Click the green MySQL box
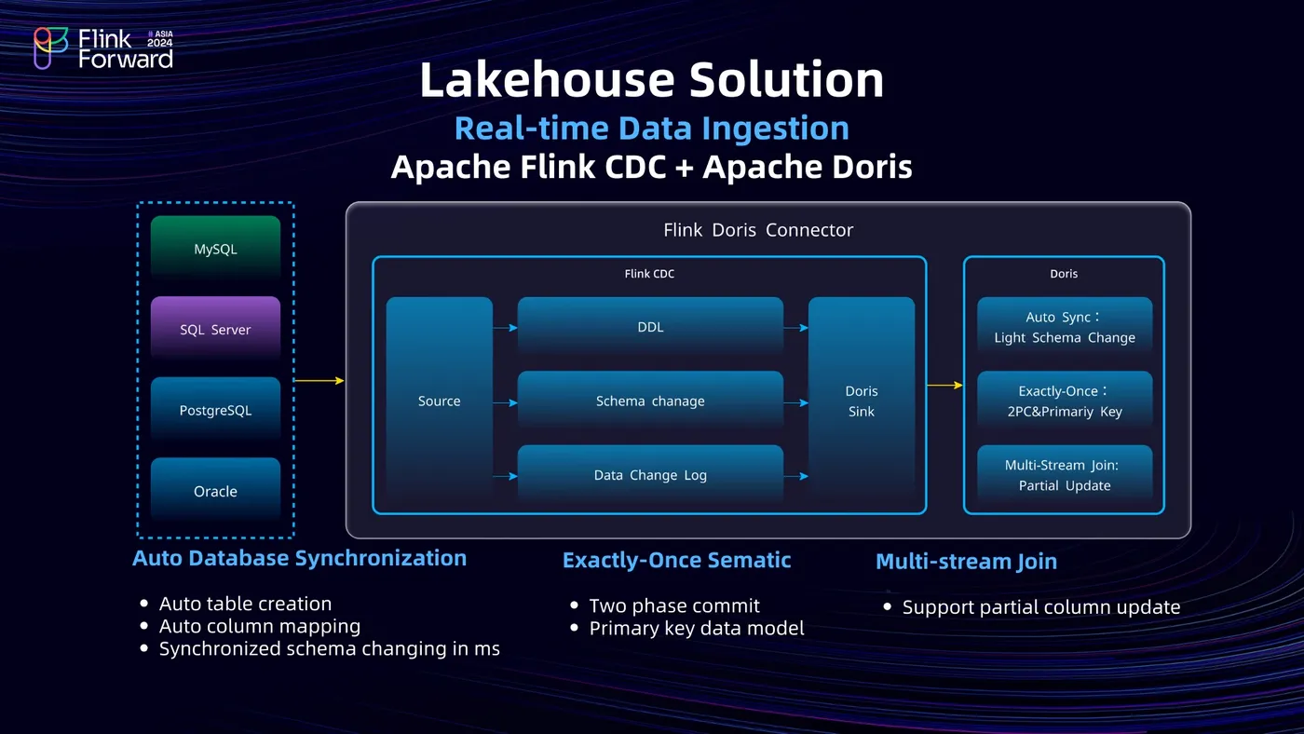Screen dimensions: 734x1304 (215, 249)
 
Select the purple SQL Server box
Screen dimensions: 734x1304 (215, 329)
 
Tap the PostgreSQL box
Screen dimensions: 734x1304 (215, 410)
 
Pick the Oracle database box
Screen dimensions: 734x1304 (215, 491)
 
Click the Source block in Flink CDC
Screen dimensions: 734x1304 (439, 401)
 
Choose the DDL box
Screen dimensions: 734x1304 (650, 327)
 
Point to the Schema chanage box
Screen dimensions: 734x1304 (650, 401)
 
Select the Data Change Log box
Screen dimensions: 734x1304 (650, 475)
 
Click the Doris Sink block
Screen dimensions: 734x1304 (862, 401)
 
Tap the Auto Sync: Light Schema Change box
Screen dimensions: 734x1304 (1064, 327)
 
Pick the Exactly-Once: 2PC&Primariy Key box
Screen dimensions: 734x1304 (1064, 401)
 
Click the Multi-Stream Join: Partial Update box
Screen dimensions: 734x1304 (1064, 475)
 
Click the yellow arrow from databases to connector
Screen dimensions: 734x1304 (319, 380)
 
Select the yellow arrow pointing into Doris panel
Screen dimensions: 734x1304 (944, 385)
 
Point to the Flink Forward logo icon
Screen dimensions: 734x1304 (51, 48)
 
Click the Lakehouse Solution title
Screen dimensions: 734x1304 (651, 80)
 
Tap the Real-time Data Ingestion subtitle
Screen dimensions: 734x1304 (651, 128)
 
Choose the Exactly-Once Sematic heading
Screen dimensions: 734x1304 (676, 560)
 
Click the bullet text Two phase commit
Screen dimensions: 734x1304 (674, 605)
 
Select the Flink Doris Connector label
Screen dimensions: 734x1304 (758, 230)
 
